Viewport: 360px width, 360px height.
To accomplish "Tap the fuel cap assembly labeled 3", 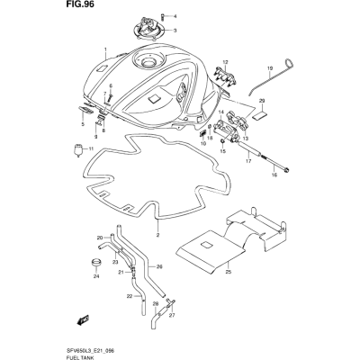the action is (x=148, y=29).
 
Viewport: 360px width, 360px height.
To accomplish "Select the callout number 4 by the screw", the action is (x=175, y=16).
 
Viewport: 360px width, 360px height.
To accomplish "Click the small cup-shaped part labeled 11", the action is (x=78, y=149).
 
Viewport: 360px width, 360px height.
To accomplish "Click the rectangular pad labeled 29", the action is (x=261, y=115).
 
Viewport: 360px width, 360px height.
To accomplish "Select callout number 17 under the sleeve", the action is (x=248, y=162).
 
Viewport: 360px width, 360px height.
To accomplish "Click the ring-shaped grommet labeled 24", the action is (x=96, y=262).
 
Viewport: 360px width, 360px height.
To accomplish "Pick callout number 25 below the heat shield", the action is (x=229, y=272).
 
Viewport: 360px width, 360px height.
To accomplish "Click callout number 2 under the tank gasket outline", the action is (x=157, y=234).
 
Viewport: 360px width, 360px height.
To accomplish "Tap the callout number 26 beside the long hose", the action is (x=159, y=266).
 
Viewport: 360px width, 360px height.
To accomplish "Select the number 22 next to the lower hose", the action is (x=130, y=296).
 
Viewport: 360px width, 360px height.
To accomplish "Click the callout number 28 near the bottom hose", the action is (x=155, y=304).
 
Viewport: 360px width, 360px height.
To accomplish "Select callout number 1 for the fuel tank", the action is (x=105, y=49).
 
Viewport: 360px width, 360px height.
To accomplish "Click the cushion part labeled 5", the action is (x=85, y=110).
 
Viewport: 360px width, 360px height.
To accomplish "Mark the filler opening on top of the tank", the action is (x=149, y=62).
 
